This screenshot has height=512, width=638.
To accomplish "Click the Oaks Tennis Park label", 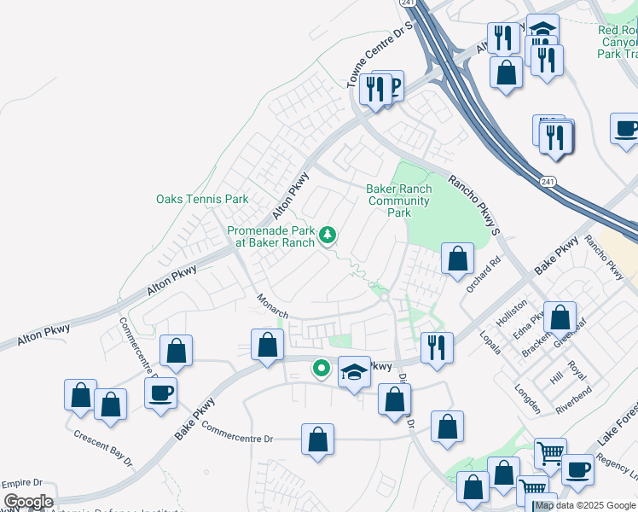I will point(202,199).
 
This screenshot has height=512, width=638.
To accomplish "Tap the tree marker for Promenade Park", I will point(328,235).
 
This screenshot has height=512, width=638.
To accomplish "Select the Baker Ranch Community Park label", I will point(398,201).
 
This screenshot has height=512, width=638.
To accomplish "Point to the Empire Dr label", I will point(20,483).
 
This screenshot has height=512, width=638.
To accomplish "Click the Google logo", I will point(27,502).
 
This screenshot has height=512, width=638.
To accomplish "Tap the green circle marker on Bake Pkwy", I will point(321,369).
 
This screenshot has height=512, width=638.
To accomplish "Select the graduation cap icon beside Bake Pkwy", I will point(354,371).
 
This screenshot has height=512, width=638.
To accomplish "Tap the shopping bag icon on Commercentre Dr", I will point(317,439).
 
